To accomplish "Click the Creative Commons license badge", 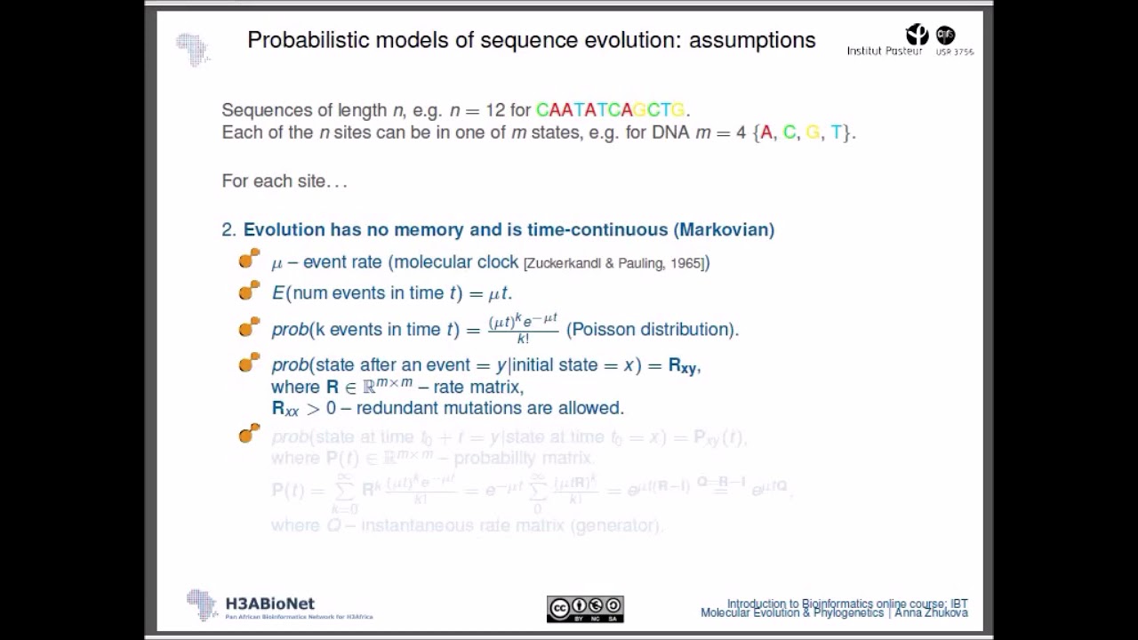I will [585, 609].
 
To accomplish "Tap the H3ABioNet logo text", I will [269, 604].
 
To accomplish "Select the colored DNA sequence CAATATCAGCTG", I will [610, 110].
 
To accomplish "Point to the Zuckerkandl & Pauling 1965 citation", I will [615, 263].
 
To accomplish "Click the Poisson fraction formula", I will [523, 328].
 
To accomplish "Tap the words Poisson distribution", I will [653, 329].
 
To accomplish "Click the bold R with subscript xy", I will [682, 365].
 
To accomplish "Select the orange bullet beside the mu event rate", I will [249, 260].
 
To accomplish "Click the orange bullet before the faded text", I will [249, 433].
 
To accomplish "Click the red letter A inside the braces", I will [766, 132].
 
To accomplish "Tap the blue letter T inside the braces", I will [836, 132].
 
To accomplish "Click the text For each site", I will [283, 181].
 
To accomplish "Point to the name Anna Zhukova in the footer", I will [931, 612].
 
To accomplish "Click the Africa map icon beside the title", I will [192, 48].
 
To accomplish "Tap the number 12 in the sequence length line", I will [495, 110].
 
